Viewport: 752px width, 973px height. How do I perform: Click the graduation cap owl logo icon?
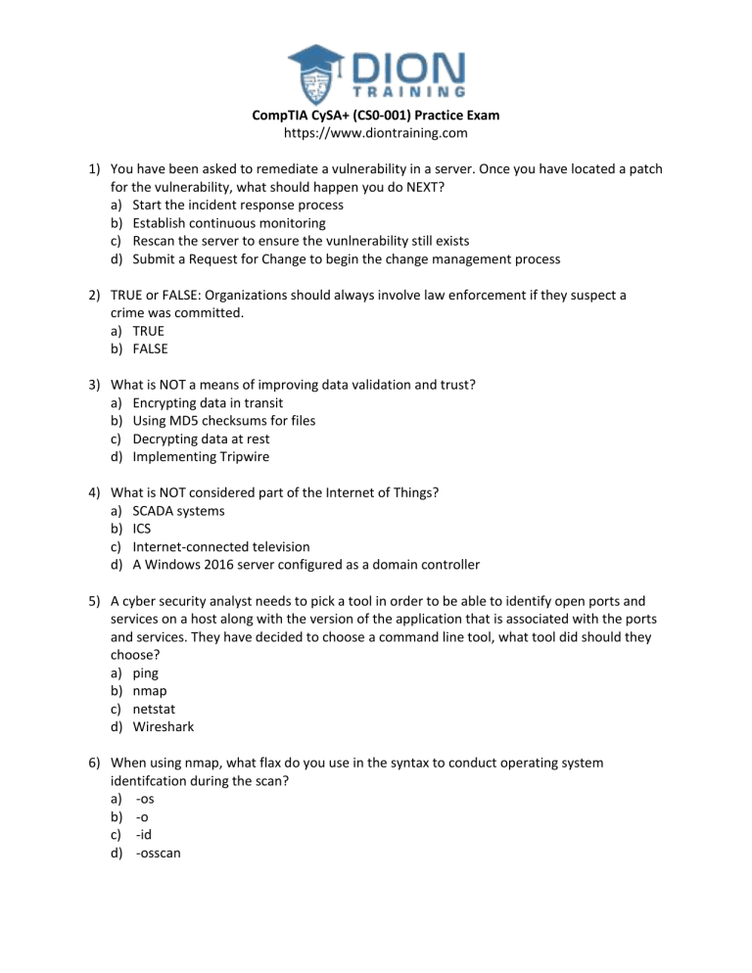coord(318,68)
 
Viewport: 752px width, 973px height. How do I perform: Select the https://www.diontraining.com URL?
coord(375,133)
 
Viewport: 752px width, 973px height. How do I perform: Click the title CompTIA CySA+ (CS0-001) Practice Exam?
coord(375,116)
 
